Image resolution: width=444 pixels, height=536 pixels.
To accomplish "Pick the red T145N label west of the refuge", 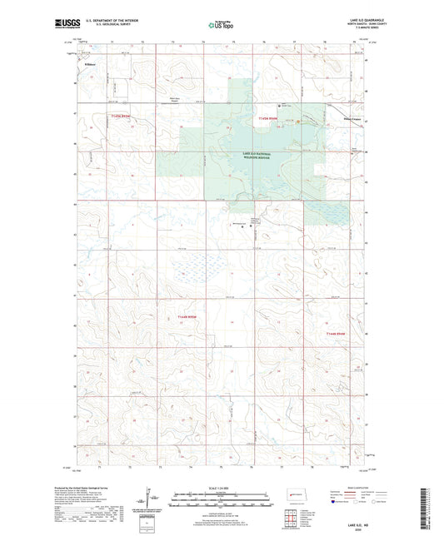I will [120, 117].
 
